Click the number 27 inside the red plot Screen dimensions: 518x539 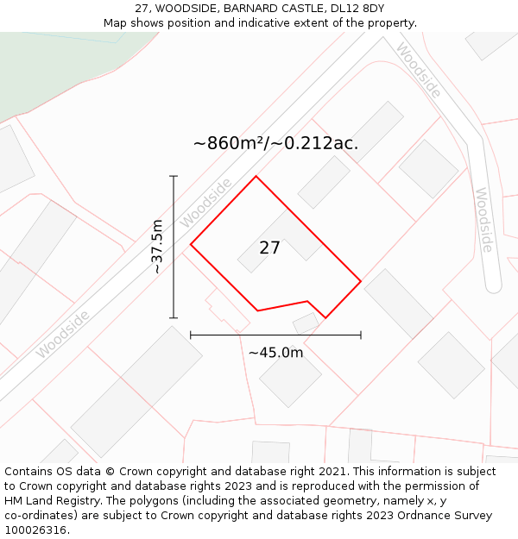(269, 248)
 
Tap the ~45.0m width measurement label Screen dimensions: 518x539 (275, 353)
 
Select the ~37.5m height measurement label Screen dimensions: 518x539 (156, 247)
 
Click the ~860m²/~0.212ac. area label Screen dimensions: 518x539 (275, 143)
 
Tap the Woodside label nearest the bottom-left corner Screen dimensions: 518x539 (62, 335)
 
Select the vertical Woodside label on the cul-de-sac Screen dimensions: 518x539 (483, 220)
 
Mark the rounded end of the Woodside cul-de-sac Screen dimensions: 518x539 (493, 285)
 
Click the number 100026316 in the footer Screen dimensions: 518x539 (37, 530)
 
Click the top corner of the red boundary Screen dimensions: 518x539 (256, 177)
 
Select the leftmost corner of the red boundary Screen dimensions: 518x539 (191, 245)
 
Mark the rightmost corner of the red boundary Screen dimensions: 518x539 (360, 280)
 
